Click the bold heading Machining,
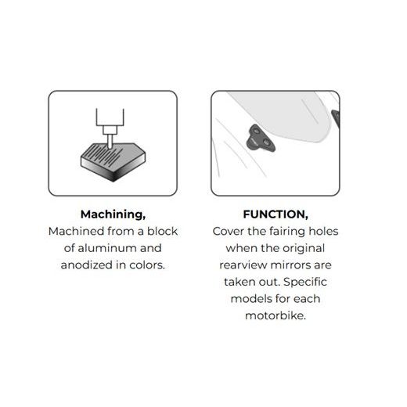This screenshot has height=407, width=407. pyautogui.click(x=113, y=214)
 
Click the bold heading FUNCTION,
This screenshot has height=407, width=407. pyautogui.click(x=276, y=214)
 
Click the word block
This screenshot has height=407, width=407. pyautogui.click(x=162, y=231)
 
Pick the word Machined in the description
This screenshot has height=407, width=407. pyautogui.click(x=77, y=231)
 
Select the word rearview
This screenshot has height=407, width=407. pyautogui.click(x=243, y=265)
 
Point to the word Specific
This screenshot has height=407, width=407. pyautogui.click(x=305, y=283)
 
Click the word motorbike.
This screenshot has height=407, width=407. pyautogui.click(x=276, y=315)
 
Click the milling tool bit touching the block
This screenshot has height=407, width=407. pyautogui.click(x=110, y=142)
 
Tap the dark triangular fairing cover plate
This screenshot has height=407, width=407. pyautogui.click(x=260, y=139)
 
